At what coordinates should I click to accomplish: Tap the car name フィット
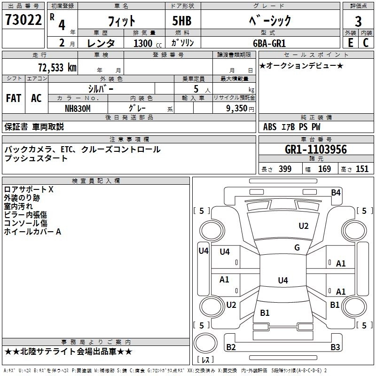click(122, 21)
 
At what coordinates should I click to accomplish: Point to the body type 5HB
click(178, 21)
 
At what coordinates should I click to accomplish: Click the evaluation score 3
click(358, 21)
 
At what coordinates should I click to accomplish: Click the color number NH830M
click(78, 108)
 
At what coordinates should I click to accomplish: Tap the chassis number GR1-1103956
click(316, 149)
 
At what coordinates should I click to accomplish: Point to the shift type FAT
click(13, 98)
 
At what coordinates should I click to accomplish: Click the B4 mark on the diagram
click(336, 192)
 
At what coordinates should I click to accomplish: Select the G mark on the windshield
click(297, 248)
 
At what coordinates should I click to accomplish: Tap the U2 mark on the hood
click(304, 226)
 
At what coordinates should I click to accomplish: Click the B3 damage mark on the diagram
click(335, 347)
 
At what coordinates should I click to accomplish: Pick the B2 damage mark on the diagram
click(231, 347)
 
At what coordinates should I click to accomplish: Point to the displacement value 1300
click(143, 43)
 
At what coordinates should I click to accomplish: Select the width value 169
click(325, 169)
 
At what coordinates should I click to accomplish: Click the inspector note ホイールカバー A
click(32, 232)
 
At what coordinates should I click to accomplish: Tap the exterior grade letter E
click(350, 43)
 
